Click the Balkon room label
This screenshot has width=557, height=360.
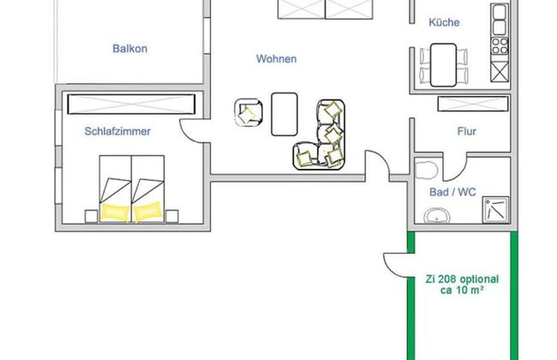tap(129, 49)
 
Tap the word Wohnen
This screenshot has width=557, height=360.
tap(276, 59)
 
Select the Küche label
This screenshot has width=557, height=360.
tap(446, 23)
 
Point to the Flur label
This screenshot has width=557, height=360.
tap(466, 132)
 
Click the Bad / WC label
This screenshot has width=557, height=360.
tap(452, 192)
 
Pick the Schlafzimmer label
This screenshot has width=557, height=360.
tap(118, 132)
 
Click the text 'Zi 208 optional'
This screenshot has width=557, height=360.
tap(462, 279)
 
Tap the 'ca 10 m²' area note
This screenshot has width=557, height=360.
tap(462, 291)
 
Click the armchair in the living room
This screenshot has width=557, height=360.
tap(249, 113)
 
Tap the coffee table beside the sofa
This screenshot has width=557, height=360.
tap(284, 113)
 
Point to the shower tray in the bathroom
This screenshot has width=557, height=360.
tap(494, 209)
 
